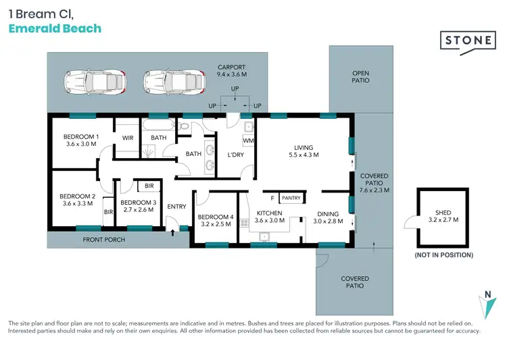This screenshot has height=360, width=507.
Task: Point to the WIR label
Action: coord(128,138)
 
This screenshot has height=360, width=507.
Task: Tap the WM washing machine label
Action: coord(247,140)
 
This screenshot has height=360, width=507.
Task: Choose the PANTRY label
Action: coord(291,198)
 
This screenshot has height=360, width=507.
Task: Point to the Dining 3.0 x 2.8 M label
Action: coord(330,217)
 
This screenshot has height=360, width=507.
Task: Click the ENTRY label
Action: coord(176,207)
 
